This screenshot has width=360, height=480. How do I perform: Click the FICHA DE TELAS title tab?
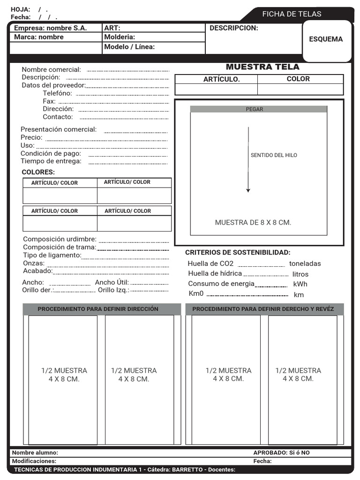[292, 14]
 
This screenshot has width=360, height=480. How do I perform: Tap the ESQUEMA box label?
[326, 39]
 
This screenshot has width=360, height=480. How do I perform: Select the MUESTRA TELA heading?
[262, 67]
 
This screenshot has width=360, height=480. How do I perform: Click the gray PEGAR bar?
[255, 109]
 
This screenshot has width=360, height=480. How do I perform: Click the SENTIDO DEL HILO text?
[274, 155]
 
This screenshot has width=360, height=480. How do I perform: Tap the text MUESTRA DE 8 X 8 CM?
[253, 223]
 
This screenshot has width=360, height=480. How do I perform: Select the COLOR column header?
[298, 79]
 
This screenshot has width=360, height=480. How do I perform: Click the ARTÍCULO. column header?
[221, 80]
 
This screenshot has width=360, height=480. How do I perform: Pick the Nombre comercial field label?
[51, 70]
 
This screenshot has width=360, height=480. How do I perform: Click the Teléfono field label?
[57, 93]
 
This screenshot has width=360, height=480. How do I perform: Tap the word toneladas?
[305, 264]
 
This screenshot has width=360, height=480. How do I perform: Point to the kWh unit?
[300, 284]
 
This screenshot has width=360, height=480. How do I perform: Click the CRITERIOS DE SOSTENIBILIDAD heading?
[238, 253]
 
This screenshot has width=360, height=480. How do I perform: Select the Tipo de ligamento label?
[52, 255]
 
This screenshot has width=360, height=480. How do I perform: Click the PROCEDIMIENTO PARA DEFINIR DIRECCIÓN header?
[98, 309]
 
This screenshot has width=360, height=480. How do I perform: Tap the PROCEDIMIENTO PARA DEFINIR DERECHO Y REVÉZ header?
[263, 309]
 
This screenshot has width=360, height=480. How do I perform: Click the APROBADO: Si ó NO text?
[281, 453]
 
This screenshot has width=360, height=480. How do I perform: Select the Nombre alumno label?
[35, 453]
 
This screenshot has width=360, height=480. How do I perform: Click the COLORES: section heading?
[38, 172]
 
